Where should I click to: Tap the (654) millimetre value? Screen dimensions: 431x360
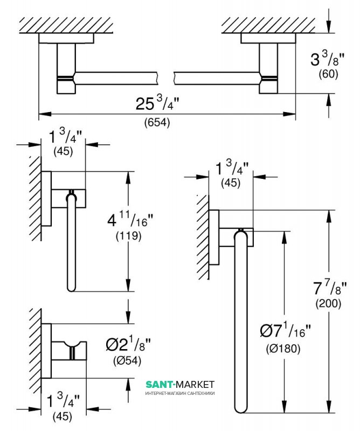click(157, 122)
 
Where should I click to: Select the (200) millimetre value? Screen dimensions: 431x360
click(328, 303)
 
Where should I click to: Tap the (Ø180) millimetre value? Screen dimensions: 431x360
click(282, 347)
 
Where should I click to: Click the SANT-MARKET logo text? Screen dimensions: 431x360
click(180, 384)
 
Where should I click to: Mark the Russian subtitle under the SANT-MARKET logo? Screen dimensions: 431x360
click(180, 393)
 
